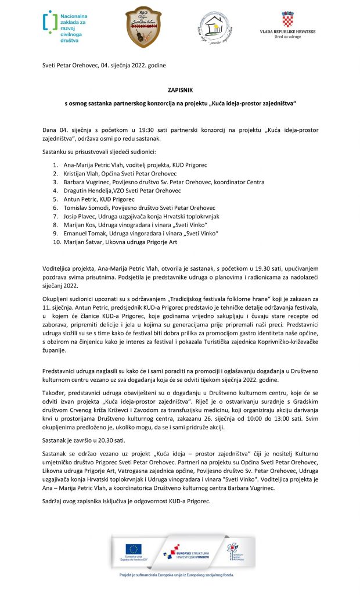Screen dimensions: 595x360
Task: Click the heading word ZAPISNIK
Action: tap(179, 90)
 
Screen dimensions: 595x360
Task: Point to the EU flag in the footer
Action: tap(134, 549)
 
